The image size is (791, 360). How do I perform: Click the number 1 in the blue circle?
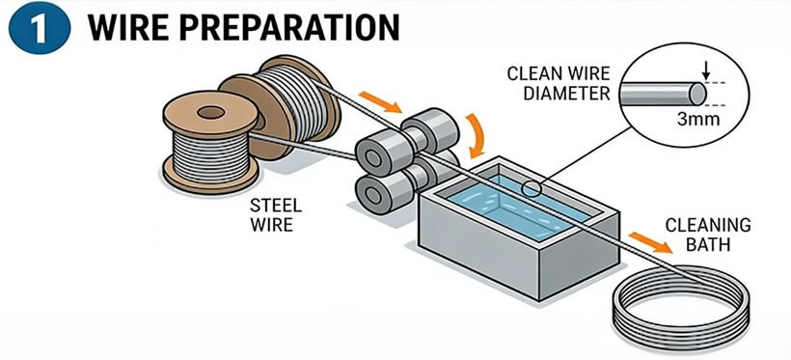point(37,27)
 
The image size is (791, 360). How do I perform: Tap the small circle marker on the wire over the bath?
point(529,188)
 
